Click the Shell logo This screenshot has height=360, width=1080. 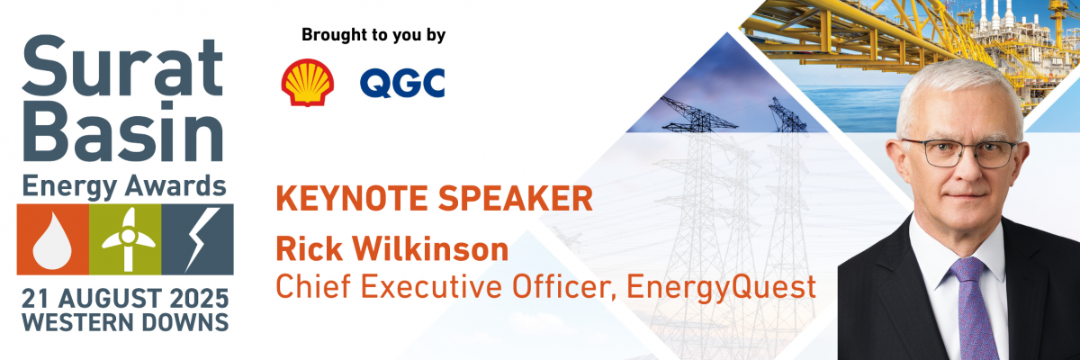(x=308, y=83)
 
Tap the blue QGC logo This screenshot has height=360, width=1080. (x=402, y=84)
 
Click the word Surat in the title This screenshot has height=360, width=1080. (x=122, y=67)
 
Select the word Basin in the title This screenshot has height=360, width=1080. (x=122, y=131)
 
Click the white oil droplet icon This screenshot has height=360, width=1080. (x=52, y=241)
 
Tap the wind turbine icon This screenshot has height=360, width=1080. (x=128, y=239)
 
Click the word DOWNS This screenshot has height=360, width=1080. (x=185, y=322)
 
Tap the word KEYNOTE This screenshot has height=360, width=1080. (x=352, y=199)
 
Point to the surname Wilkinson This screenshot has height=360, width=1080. (x=430, y=248)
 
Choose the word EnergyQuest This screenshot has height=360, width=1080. (x=721, y=288)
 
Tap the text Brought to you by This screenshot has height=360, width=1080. (x=373, y=36)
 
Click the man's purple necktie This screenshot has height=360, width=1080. (x=973, y=309)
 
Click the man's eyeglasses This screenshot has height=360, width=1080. (x=959, y=153)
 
